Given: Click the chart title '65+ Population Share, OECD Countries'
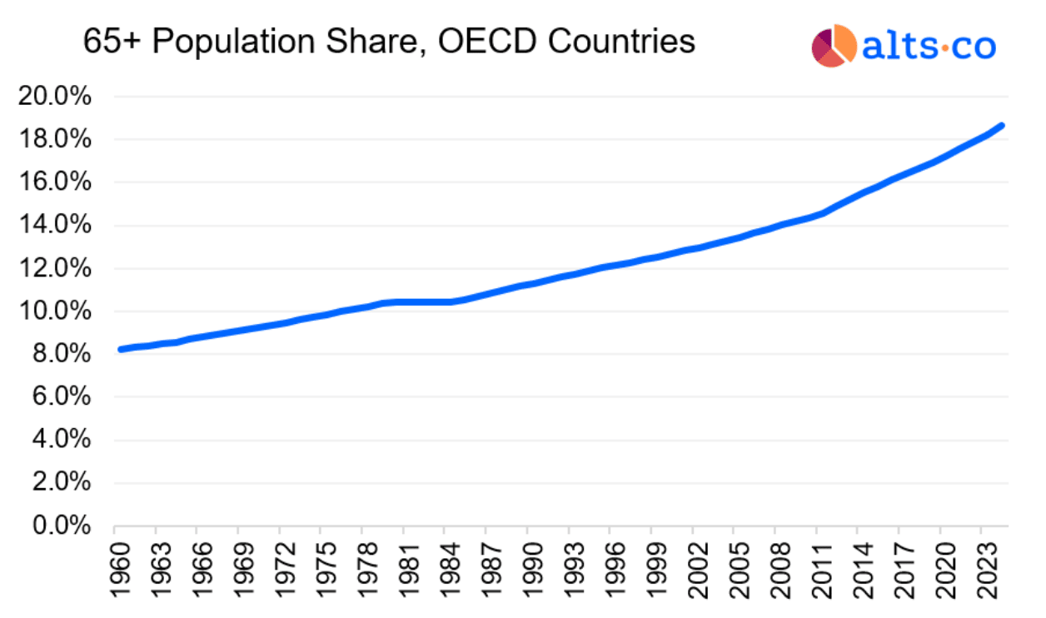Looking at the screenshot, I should (389, 41).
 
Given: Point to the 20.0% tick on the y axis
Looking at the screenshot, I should (53, 97).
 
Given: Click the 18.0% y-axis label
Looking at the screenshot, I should (53, 140).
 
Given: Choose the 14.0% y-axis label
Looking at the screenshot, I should (53, 226).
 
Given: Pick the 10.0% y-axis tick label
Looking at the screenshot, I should (53, 311).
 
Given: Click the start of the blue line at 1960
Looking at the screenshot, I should (122, 349).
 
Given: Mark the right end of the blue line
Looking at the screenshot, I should (1001, 126).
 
